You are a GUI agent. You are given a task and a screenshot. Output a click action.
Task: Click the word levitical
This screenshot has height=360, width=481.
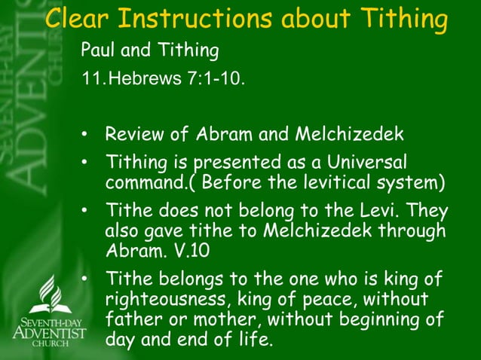coord(320,182)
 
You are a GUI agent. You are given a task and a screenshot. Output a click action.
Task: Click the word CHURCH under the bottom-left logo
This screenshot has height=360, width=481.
coord(49,343)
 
